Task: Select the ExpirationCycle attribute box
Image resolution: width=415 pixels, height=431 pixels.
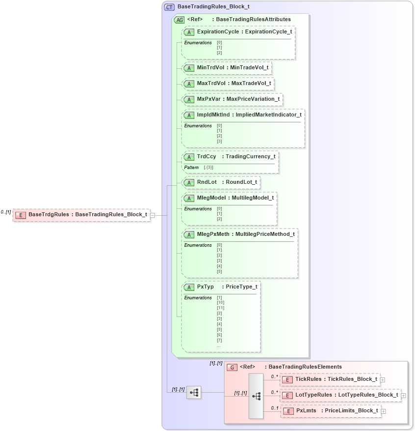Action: point(238,32)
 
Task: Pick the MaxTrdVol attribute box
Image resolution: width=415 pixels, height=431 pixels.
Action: point(228,84)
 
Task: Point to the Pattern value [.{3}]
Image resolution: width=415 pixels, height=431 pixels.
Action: point(208,168)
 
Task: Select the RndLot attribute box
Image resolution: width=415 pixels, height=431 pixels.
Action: point(221,182)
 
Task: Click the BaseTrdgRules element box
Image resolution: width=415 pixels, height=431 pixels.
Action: point(81,215)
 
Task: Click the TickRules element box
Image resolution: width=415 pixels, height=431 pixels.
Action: point(330,379)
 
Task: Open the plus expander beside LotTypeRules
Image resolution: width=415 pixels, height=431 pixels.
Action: point(404,395)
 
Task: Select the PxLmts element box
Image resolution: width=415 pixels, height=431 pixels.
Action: point(331,411)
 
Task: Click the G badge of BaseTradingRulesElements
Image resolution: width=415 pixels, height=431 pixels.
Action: point(232,367)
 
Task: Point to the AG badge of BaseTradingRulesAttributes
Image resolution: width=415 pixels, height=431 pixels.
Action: point(180,20)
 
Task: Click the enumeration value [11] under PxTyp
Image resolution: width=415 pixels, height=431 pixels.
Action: point(220,308)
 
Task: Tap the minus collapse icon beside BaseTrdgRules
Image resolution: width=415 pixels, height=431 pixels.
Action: point(153,215)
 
